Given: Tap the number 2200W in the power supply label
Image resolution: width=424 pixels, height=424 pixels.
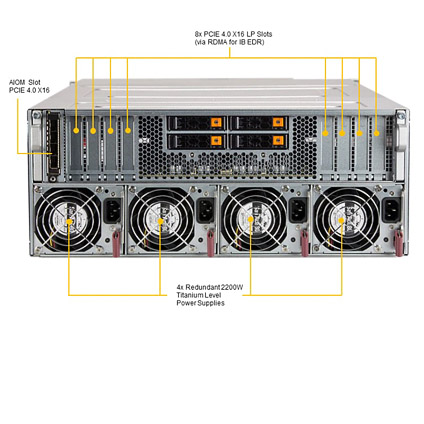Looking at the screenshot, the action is [x=232, y=287].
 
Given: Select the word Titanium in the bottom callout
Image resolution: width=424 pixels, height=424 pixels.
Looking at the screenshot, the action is [x=190, y=295].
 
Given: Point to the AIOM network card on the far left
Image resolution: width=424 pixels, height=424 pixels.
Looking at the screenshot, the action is [x=54, y=144].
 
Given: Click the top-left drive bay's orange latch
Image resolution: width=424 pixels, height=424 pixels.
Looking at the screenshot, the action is [x=216, y=123].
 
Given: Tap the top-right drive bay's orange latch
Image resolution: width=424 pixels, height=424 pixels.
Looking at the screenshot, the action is [x=278, y=123].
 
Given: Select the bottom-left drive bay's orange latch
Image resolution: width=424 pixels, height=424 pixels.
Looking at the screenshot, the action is [x=216, y=141].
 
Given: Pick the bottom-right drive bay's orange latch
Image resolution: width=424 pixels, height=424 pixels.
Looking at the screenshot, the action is [x=278, y=141].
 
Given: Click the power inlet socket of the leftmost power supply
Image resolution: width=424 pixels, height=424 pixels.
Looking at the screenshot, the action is [x=112, y=211].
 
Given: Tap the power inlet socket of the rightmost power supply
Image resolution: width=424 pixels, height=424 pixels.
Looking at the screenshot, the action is [x=391, y=211].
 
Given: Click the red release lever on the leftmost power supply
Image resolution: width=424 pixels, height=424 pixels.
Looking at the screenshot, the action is [x=116, y=244].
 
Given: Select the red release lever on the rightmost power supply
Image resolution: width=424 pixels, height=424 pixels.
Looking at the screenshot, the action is [x=398, y=243].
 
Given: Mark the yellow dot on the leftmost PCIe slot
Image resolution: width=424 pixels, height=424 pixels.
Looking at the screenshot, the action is [x=76, y=131].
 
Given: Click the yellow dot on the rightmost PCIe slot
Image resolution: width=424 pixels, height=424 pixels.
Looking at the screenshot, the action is [x=376, y=133].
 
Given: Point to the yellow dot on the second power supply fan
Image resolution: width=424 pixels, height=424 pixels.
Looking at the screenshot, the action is [x=160, y=221].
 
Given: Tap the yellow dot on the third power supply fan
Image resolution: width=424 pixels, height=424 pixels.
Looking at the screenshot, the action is [x=250, y=219].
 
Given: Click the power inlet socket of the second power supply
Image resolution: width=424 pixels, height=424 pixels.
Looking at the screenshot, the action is [x=205, y=211].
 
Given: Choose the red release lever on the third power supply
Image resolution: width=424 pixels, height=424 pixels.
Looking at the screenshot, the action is [x=304, y=243].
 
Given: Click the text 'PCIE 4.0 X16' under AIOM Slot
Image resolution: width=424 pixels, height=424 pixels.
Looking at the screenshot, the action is [x=29, y=90].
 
